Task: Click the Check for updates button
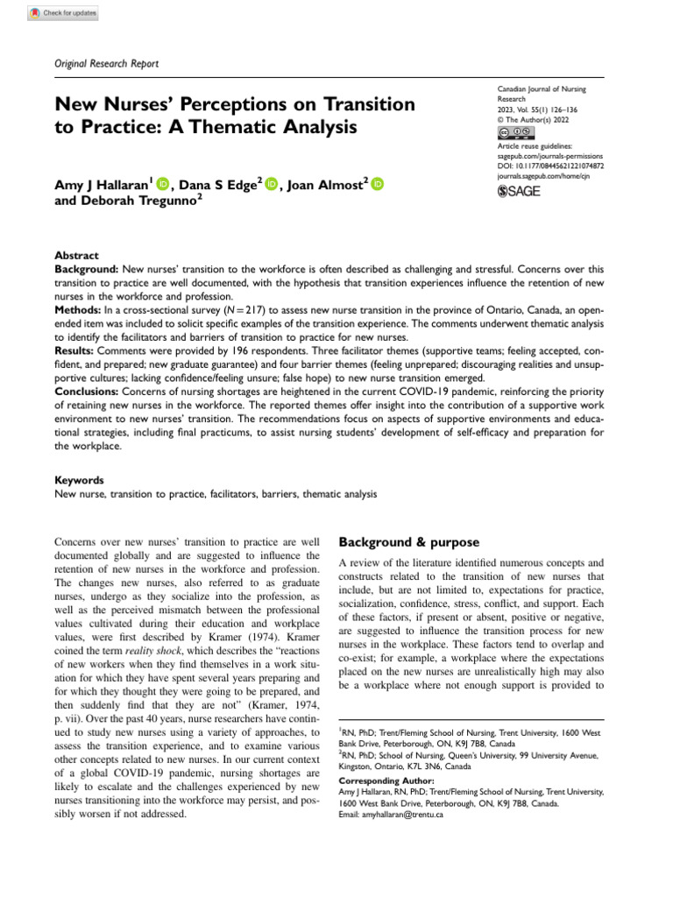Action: [x=63, y=13]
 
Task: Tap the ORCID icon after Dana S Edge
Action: [x=271, y=183]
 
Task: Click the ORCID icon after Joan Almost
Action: [x=378, y=183]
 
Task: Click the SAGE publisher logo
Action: [x=520, y=190]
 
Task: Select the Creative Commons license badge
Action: [x=516, y=131]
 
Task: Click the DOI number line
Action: [x=549, y=164]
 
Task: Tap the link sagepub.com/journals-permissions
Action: [x=549, y=154]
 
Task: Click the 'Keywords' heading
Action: [x=79, y=480]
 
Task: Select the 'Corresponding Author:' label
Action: [x=385, y=780]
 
